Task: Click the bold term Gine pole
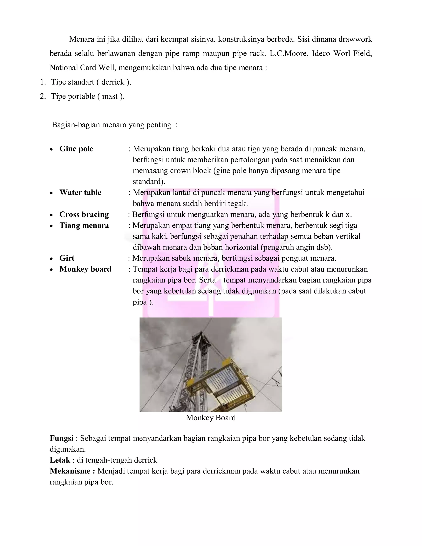(x=76, y=149)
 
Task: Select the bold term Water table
(x=80, y=192)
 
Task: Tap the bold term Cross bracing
(x=84, y=214)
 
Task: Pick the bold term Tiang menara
(x=84, y=225)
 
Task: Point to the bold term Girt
(x=67, y=258)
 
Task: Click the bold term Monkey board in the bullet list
(x=85, y=269)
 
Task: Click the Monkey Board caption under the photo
(x=211, y=418)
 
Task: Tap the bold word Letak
(x=60, y=460)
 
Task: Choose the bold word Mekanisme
(x=72, y=471)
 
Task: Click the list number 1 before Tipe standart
(x=42, y=82)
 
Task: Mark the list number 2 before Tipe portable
(x=42, y=96)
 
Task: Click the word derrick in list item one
(x=113, y=82)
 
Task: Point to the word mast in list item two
(x=110, y=96)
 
